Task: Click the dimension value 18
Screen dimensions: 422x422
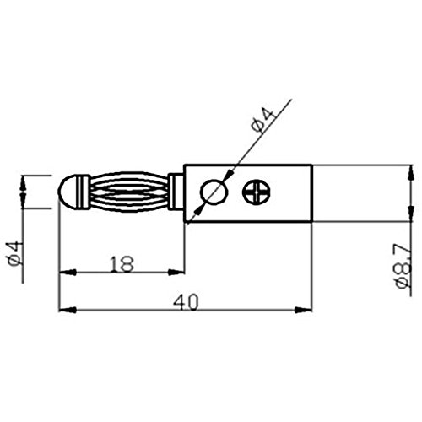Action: pos(122,264)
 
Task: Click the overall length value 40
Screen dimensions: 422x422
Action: pos(186,302)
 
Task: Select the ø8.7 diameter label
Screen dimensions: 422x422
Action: pos(403,266)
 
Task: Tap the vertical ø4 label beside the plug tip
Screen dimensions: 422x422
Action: pos(14,253)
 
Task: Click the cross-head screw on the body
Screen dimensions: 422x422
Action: pos(257,192)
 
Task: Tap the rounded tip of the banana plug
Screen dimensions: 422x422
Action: pos(68,192)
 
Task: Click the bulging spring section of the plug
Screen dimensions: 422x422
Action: pos(129,192)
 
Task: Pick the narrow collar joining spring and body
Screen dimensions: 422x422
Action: pos(176,192)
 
